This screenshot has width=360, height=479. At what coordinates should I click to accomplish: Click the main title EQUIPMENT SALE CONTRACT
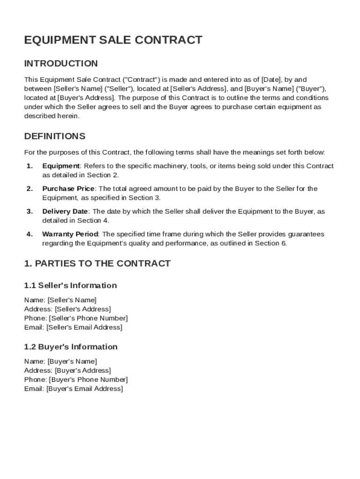pyautogui.click(x=113, y=40)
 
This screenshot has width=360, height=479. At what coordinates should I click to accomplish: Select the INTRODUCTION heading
pyautogui.click(x=61, y=64)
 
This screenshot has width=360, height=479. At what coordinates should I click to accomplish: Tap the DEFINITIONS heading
pyautogui.click(x=55, y=137)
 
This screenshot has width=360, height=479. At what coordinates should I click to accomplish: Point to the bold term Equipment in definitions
pyautogui.click(x=61, y=166)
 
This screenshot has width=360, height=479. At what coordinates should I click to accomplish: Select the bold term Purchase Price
pyautogui.click(x=68, y=189)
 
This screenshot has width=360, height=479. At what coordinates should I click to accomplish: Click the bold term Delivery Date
pyautogui.click(x=65, y=211)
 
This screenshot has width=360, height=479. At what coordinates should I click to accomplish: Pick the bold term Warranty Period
pyautogui.click(x=70, y=234)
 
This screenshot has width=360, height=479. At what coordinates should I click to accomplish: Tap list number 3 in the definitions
pyautogui.click(x=29, y=211)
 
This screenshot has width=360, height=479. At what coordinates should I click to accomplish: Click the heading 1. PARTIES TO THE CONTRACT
pyautogui.click(x=97, y=263)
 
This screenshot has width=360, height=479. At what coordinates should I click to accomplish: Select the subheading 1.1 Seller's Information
pyautogui.click(x=70, y=285)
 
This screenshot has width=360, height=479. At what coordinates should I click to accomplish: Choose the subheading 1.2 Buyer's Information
pyautogui.click(x=71, y=347)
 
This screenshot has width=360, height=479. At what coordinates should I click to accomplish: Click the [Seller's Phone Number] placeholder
pyautogui.click(x=88, y=318)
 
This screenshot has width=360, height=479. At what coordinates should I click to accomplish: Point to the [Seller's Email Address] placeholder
pyautogui.click(x=84, y=327)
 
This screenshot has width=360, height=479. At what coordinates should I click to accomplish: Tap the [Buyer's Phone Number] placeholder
pyautogui.click(x=88, y=379)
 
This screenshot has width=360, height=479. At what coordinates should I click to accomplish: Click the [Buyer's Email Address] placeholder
pyautogui.click(x=85, y=389)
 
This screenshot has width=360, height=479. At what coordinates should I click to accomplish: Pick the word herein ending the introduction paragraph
pyautogui.click(x=69, y=116)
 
